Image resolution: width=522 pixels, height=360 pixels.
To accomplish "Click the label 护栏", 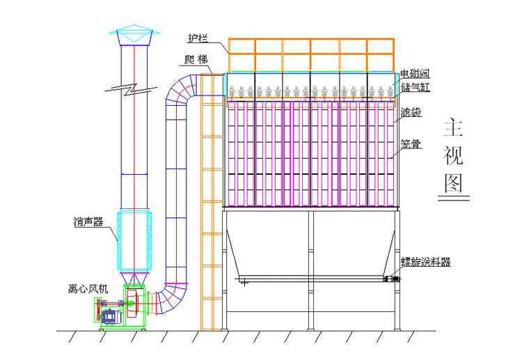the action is [x=198, y=38].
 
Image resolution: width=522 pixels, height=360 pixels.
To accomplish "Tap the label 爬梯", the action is [x=196, y=60].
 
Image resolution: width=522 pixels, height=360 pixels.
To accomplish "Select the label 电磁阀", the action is [x=415, y=74].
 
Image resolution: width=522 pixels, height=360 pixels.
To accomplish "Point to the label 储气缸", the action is [x=415, y=88].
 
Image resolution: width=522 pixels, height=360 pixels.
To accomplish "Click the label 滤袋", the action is [x=411, y=112].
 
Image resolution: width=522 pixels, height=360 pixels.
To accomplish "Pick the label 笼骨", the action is [x=411, y=144].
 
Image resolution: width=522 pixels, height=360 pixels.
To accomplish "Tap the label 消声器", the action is [x=88, y=222].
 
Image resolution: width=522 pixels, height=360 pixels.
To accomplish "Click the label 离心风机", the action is [x=88, y=289].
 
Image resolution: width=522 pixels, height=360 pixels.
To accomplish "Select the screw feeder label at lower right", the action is [x=426, y=262].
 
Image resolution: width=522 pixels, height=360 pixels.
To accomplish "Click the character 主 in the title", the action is [x=453, y=127].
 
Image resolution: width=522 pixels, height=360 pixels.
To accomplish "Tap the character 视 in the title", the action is [x=453, y=155].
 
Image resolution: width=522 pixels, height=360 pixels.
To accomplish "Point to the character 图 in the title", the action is [x=453, y=183].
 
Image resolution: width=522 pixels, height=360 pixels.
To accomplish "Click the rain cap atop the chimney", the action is [x=134, y=35].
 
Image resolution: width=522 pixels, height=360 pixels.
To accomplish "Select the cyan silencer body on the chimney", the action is [x=134, y=240].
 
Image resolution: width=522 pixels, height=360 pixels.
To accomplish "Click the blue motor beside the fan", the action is [x=111, y=316].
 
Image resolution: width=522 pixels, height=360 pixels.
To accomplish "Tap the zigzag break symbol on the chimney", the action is [x=132, y=88].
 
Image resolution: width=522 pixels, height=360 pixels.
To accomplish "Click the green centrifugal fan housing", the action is [x=134, y=306].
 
